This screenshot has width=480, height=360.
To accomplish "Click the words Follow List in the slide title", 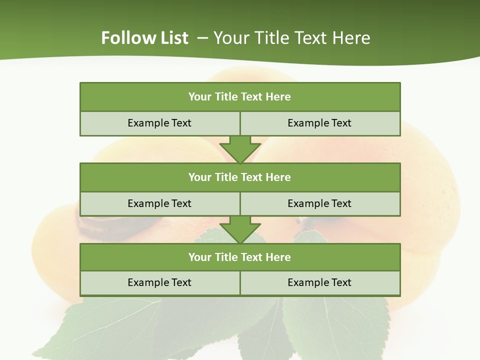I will (x=144, y=38).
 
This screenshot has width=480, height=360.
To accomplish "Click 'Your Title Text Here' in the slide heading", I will (x=291, y=38).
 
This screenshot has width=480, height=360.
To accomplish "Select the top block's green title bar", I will (x=240, y=97).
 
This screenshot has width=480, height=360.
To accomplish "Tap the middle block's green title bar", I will (x=240, y=177).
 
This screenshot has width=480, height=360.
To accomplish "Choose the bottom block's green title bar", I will (x=240, y=257).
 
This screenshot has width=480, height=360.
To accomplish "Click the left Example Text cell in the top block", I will (x=159, y=123).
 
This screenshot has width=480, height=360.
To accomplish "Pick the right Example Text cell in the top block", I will (x=320, y=123).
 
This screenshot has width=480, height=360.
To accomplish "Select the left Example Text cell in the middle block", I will (x=159, y=204).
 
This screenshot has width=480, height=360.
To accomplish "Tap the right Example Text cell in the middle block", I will (x=320, y=204).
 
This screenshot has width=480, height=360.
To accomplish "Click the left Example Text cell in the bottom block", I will (x=159, y=283).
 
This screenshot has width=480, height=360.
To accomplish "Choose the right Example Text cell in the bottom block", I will (x=320, y=283).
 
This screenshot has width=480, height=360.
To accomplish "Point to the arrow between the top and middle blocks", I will (x=240, y=149).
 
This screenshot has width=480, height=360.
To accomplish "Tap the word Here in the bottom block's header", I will (x=278, y=257).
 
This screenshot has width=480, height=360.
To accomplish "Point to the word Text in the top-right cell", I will (x=341, y=123).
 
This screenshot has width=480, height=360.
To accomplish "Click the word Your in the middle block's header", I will (x=200, y=177).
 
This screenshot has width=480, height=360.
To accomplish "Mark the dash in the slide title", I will (x=203, y=38).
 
